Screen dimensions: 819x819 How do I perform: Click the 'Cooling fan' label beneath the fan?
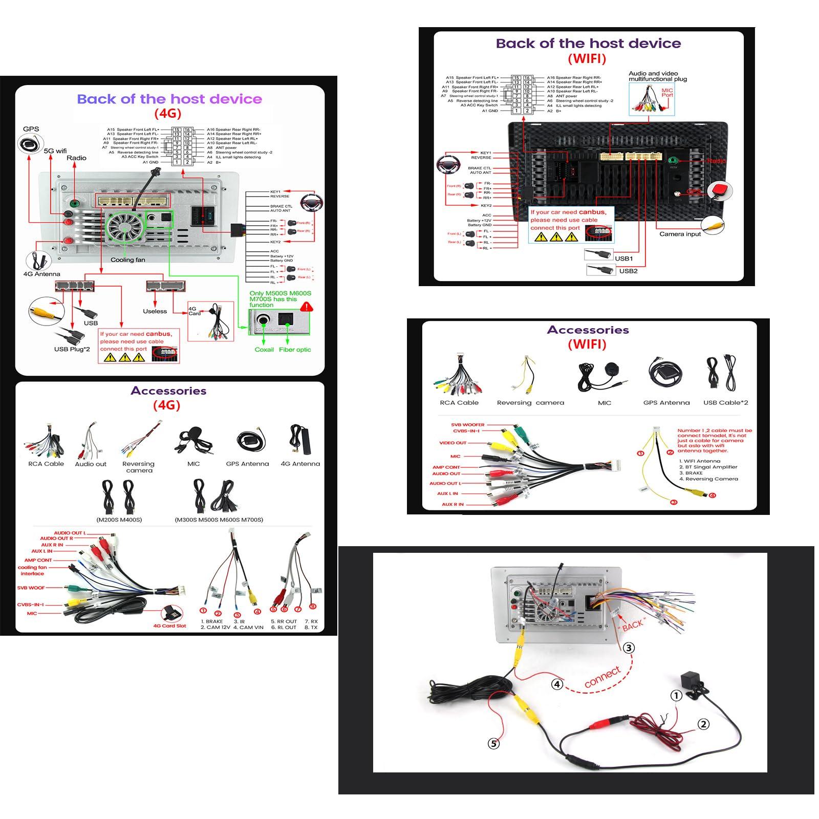127,260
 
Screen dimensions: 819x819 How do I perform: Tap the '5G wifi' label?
55,151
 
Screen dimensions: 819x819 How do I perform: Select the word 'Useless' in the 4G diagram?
155,311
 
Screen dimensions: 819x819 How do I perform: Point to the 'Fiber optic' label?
295,350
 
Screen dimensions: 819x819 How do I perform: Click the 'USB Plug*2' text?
72,349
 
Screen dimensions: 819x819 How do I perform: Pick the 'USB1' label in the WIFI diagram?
624,258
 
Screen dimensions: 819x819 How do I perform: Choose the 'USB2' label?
628,271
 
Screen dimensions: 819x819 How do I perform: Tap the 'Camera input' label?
680,234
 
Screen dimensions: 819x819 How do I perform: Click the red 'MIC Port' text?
667,93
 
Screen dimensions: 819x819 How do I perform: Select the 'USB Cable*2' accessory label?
725,402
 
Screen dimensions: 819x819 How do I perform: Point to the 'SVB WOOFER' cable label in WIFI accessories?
467,424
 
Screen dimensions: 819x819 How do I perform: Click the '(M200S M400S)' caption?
119,520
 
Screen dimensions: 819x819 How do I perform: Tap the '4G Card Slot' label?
170,626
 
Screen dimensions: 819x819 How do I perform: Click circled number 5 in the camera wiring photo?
493,743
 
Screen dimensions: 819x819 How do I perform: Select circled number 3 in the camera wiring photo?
629,648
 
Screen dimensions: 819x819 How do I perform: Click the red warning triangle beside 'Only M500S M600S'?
307,307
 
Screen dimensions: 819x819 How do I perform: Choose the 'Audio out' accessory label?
91,464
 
